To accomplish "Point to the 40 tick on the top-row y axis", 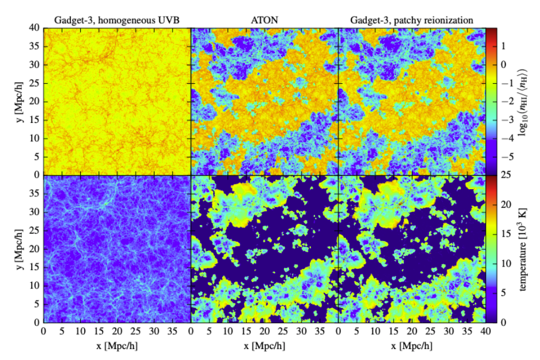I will pyautogui.click(x=35, y=28).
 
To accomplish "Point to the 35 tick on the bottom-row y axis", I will pyautogui.click(x=35, y=194).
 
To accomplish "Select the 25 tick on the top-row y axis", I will pyautogui.click(x=35, y=83).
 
